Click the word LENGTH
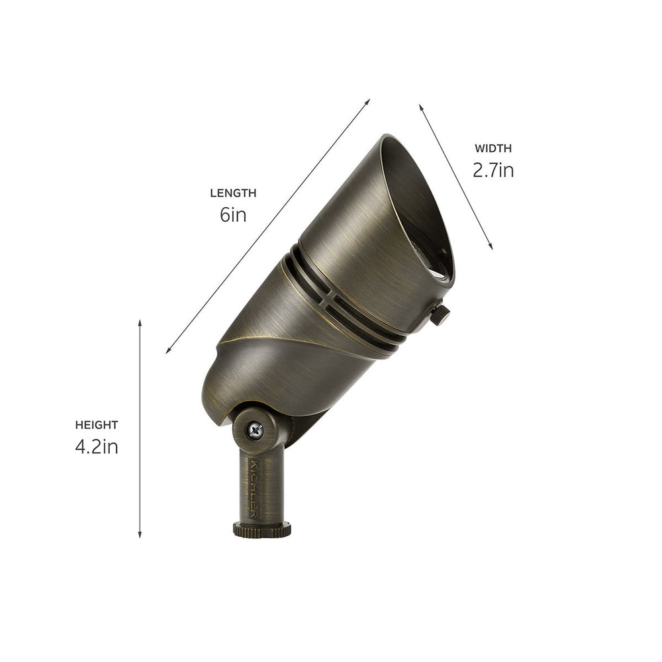(x=233, y=193)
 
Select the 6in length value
(x=233, y=215)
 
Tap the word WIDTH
(x=493, y=149)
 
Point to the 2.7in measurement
(x=493, y=171)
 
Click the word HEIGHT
(x=97, y=425)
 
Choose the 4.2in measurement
(x=97, y=447)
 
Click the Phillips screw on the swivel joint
(x=255, y=430)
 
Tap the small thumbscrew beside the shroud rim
(x=440, y=314)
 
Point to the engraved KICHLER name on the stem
(x=255, y=487)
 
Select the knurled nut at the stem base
(x=261, y=529)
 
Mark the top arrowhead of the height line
(x=140, y=322)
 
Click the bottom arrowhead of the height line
(x=140, y=534)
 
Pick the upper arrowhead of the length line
(x=367, y=102)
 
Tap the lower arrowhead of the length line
(x=169, y=350)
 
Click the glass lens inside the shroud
(x=442, y=265)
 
